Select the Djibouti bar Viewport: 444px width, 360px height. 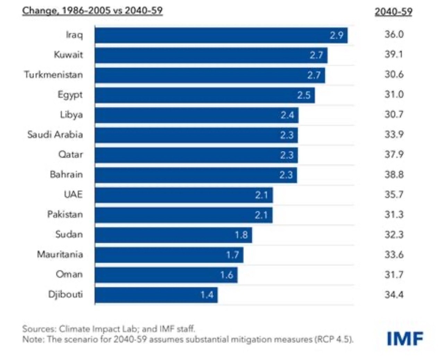pyautogui.click(x=156, y=295)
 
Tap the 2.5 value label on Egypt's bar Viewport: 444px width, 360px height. pyautogui.click(x=304, y=95)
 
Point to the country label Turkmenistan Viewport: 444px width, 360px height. pyautogui.click(x=53, y=75)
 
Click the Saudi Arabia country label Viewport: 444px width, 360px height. pyautogui.click(x=55, y=135)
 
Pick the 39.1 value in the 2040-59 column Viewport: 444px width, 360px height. pyautogui.click(x=394, y=55)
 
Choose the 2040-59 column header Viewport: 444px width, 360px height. pyautogui.click(x=393, y=12)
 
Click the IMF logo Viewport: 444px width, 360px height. pyautogui.click(x=405, y=338)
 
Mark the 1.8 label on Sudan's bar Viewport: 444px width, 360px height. pyautogui.click(x=241, y=235)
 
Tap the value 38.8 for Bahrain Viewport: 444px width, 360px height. pyautogui.click(x=394, y=175)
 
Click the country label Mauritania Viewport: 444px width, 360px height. pyautogui.click(x=60, y=254)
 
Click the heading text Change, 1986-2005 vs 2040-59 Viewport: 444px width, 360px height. pyautogui.click(x=92, y=11)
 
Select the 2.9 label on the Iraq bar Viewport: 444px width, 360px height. pyautogui.click(x=336, y=35)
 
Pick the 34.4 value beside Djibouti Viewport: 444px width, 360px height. pyautogui.click(x=394, y=295)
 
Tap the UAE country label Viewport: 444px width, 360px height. pyautogui.click(x=73, y=194)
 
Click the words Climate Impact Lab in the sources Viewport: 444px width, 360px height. pyautogui.click(x=99, y=329)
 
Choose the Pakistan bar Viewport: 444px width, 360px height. pyautogui.click(x=183, y=215)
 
